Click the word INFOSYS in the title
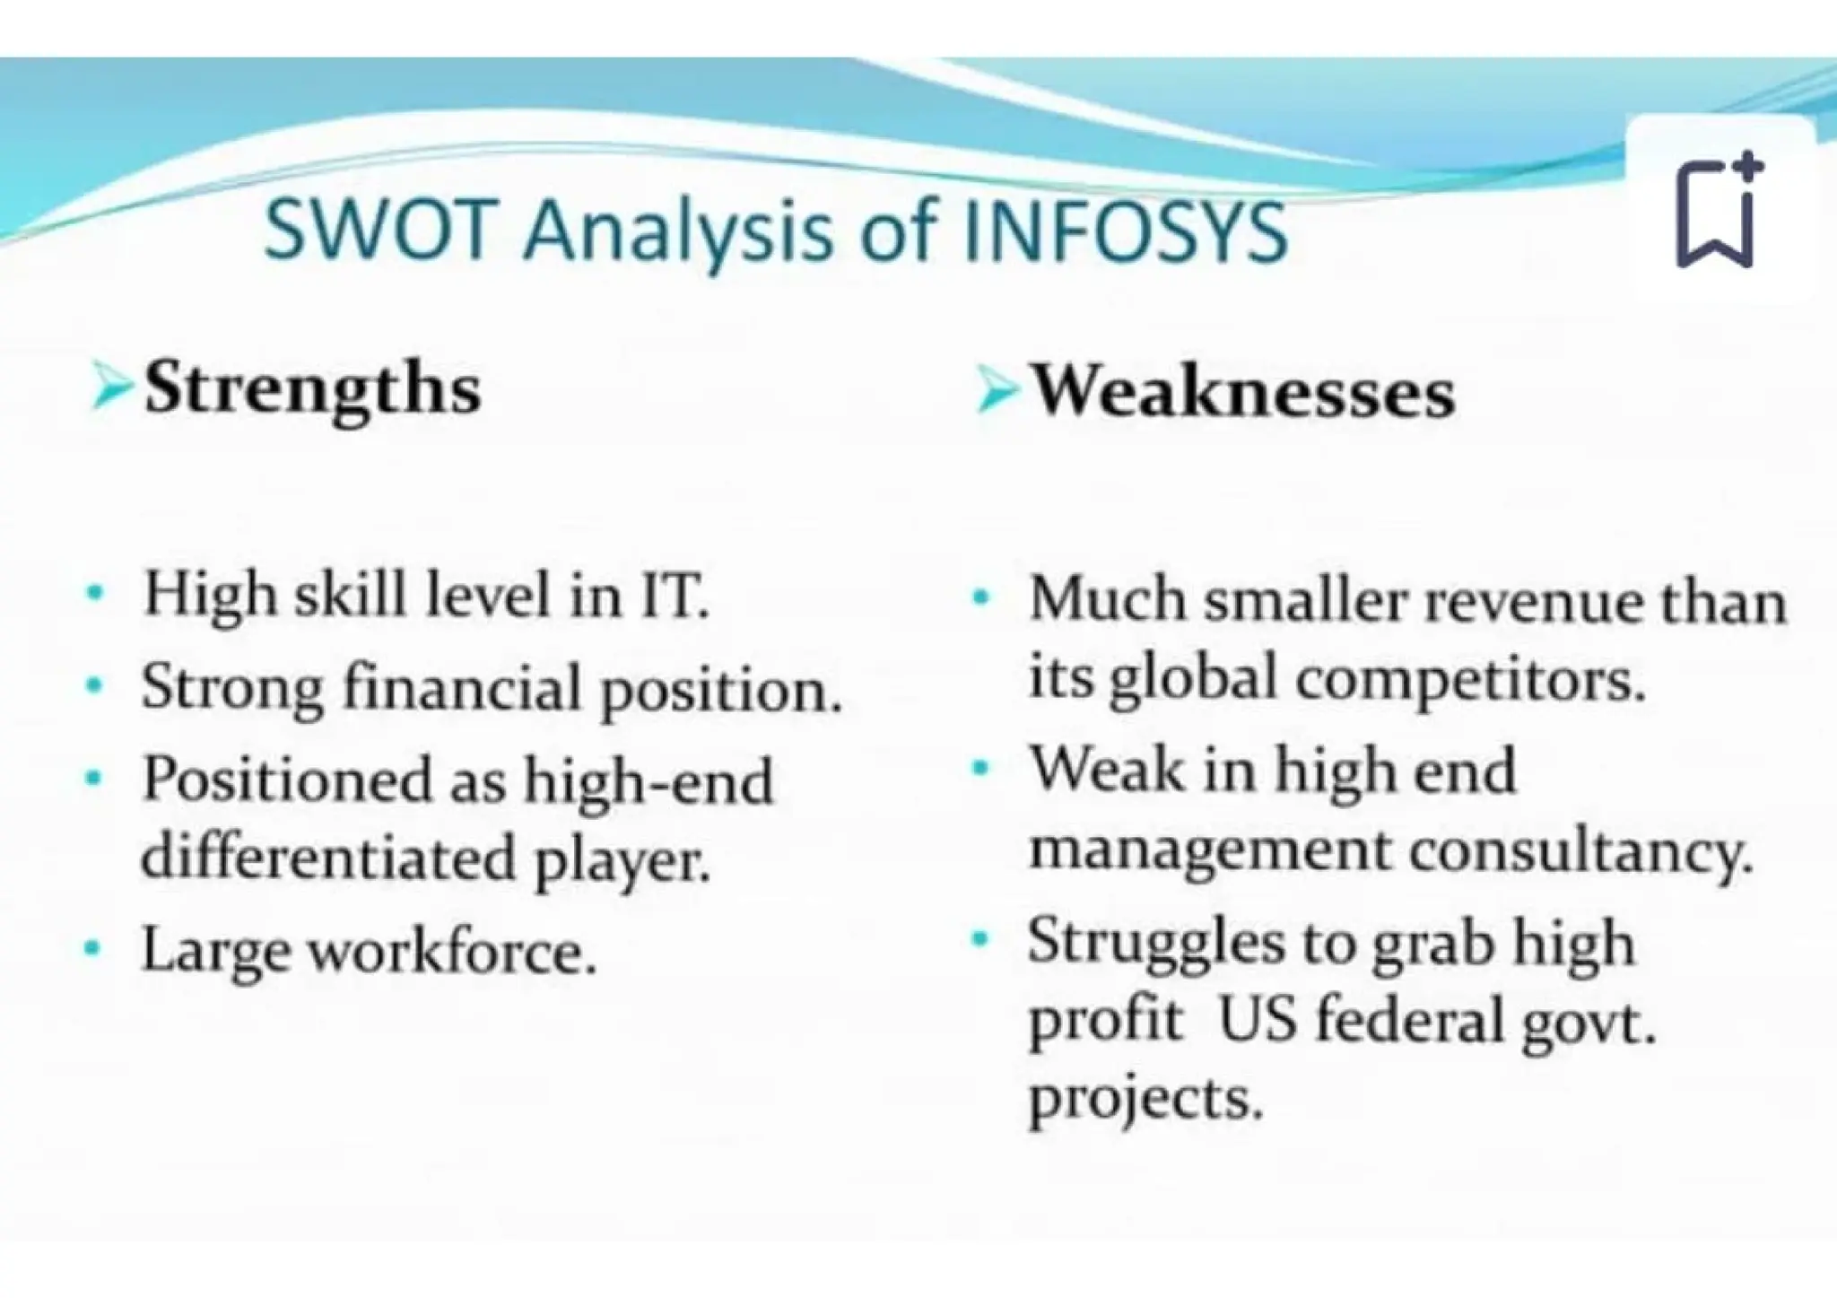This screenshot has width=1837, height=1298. (1126, 231)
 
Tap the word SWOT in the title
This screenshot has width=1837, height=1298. (379, 231)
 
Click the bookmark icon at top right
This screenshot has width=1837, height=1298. (1718, 213)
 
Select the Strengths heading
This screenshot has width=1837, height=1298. (312, 391)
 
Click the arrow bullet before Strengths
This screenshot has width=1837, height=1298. (111, 391)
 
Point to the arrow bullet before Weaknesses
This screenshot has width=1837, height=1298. (997, 393)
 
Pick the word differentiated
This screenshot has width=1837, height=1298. (330, 858)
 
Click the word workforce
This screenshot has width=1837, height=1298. (452, 951)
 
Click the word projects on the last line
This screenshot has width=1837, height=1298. (1145, 1099)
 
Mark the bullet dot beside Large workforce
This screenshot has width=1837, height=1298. (91, 947)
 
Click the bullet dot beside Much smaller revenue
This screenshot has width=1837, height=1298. (980, 596)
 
